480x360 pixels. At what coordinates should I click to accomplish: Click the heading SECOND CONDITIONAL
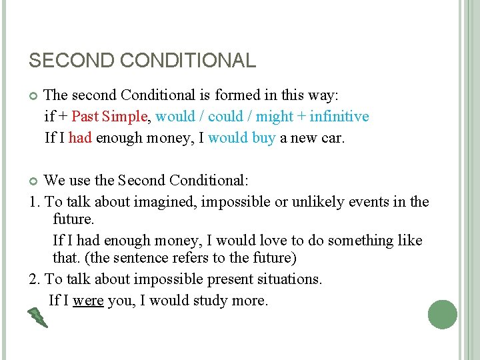coord(142,61)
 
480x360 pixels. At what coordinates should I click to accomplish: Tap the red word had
coord(80,138)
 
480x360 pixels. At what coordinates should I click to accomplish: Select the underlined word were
coord(88,301)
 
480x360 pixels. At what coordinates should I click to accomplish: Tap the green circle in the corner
coord(443,314)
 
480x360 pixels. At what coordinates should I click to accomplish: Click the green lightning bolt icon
coord(37,317)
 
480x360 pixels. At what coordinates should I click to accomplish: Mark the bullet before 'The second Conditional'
coord(33,96)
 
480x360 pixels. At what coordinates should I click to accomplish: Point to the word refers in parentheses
coord(198,258)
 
